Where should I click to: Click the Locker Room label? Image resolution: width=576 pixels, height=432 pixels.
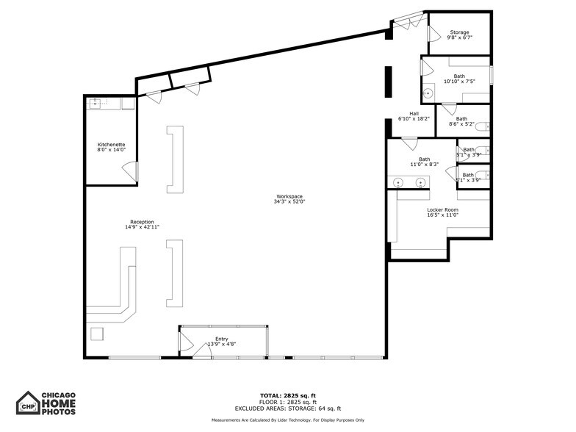click(x=443, y=212)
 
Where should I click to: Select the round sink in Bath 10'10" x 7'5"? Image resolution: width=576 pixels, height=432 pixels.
click(x=428, y=93)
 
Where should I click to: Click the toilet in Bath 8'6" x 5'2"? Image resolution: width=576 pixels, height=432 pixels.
click(x=482, y=128)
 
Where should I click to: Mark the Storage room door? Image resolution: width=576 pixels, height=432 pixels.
click(x=433, y=32)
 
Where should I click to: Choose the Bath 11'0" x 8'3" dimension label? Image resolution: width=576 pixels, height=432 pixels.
click(x=425, y=165)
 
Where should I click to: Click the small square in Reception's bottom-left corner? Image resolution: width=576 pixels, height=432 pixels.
click(x=96, y=334)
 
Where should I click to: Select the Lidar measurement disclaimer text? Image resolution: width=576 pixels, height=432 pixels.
click(x=288, y=420)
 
